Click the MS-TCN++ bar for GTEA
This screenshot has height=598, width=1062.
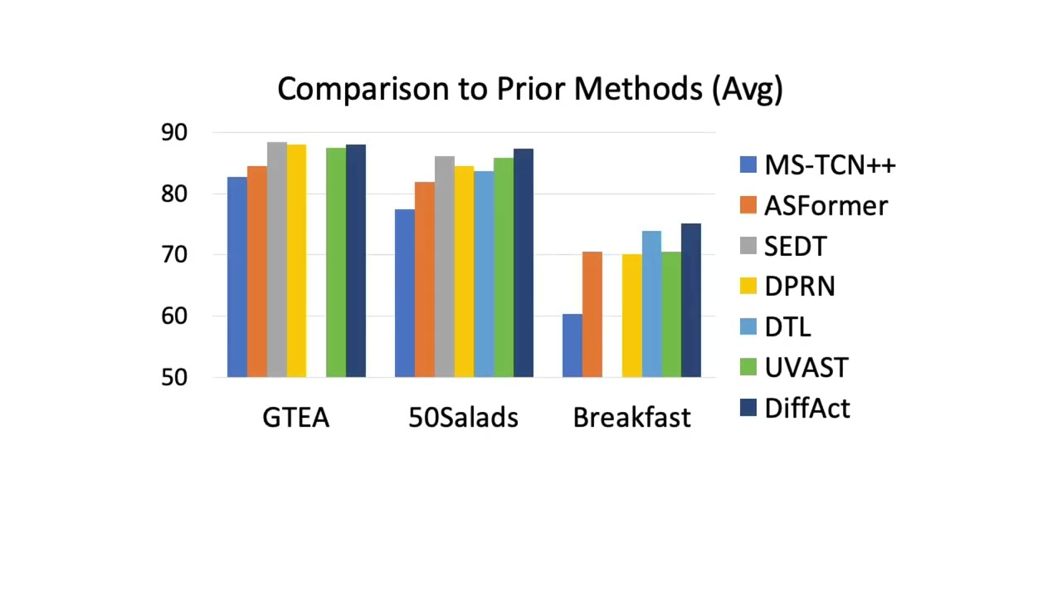(237, 277)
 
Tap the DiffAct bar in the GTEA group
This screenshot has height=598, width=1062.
(356, 261)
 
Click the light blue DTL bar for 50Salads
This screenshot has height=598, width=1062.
(484, 274)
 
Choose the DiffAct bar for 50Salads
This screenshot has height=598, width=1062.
(524, 263)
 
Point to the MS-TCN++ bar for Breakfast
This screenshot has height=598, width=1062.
(572, 346)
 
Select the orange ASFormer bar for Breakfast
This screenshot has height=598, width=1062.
(592, 315)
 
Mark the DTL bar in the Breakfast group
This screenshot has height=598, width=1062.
(651, 304)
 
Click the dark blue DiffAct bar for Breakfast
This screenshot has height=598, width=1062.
(691, 301)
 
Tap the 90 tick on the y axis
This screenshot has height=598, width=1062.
(174, 133)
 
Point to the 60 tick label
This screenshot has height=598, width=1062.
(174, 316)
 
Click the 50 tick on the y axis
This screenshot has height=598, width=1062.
(174, 378)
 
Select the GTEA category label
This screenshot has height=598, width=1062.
(296, 417)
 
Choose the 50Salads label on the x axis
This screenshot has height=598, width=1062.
(464, 417)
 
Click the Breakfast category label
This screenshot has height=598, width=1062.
(631, 417)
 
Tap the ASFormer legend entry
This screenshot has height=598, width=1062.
(826, 206)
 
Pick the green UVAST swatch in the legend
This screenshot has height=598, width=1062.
(748, 367)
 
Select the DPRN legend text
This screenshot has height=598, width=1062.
(800, 287)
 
